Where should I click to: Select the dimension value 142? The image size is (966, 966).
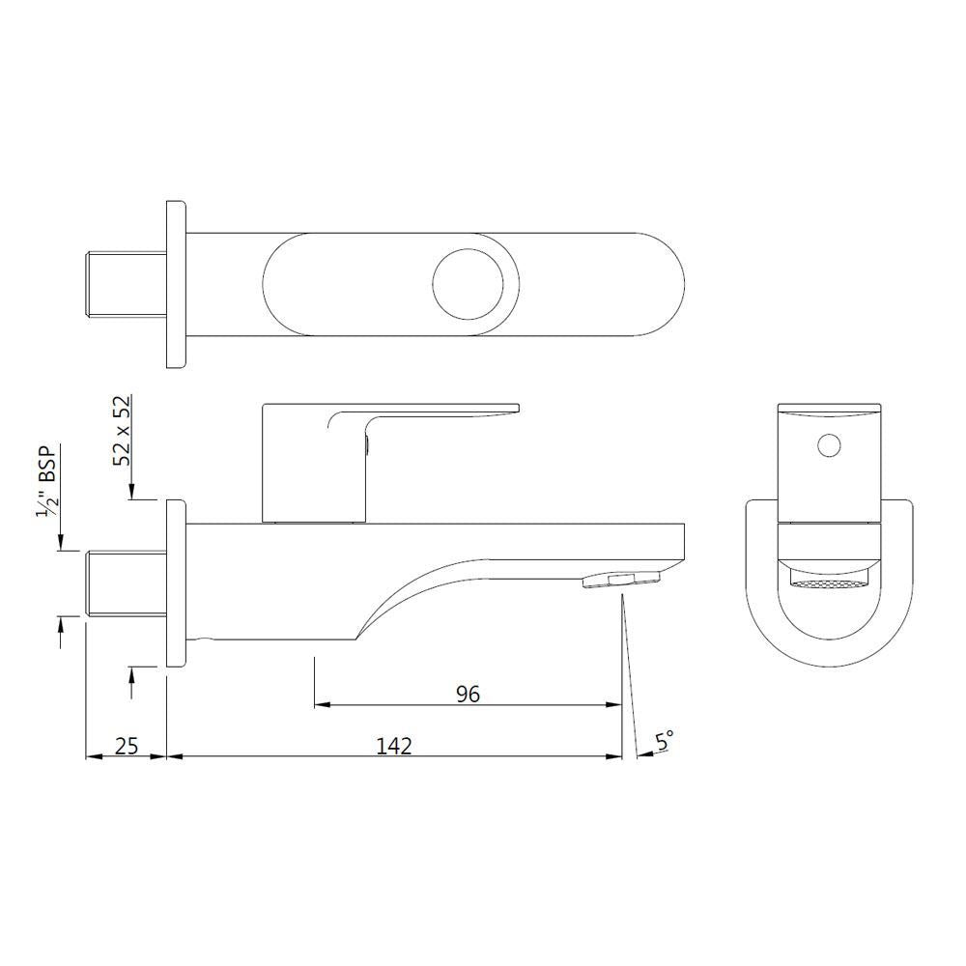click(395, 745)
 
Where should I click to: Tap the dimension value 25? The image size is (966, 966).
click(127, 745)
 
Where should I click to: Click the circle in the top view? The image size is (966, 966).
click(469, 286)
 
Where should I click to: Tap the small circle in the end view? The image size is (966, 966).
click(828, 445)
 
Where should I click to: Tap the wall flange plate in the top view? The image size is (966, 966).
click(175, 285)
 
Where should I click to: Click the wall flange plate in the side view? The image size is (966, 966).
click(175, 583)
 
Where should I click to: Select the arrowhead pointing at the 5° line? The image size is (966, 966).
click(643, 756)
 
